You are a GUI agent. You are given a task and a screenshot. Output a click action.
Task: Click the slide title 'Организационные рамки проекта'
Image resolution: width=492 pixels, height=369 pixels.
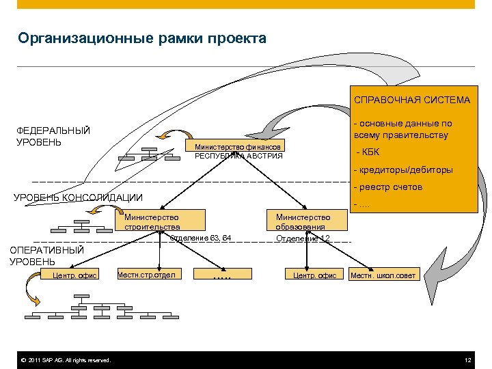[142, 38]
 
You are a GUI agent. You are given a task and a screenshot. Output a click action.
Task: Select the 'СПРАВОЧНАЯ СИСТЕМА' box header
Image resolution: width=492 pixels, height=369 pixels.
[411, 100]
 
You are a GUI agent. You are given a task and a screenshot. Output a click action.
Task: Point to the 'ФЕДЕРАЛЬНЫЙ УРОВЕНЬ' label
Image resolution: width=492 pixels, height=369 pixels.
[53, 136]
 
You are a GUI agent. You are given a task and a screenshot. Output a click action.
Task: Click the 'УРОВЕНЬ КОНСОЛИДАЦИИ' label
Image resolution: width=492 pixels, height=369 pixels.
[79, 198]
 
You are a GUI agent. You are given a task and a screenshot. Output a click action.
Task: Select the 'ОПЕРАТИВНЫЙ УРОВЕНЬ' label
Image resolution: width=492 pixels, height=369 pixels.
[46, 256]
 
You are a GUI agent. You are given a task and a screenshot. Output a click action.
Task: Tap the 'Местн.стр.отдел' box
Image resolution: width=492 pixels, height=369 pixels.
[148, 275]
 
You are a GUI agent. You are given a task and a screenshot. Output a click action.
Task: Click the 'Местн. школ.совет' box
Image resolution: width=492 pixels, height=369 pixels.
[382, 275]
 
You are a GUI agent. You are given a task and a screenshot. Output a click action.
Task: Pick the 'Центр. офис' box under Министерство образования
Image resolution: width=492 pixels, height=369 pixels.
[314, 275]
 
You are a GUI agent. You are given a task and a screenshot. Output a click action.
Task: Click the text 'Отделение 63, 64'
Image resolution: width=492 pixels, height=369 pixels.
[200, 238]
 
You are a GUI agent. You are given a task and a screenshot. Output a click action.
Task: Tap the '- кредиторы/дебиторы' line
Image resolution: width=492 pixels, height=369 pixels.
[402, 170]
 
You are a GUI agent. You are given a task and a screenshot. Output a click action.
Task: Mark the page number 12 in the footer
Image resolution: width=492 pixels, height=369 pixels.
[467, 360]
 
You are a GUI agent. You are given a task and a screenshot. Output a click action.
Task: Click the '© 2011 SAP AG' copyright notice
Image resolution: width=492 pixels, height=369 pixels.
[65, 360]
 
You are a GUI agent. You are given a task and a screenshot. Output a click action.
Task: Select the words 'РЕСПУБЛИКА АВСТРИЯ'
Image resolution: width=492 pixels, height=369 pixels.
[238, 156]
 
